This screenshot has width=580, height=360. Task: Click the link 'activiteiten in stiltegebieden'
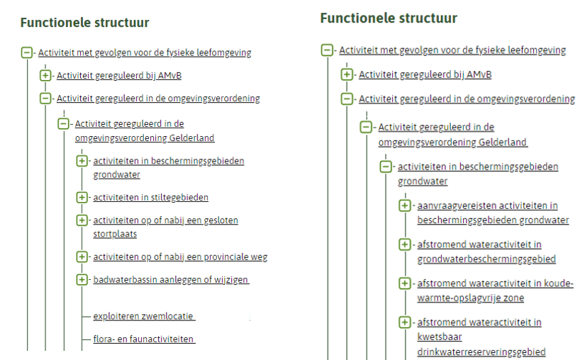tap(150, 198)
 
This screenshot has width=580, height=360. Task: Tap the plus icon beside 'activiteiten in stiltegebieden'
tap(82, 198)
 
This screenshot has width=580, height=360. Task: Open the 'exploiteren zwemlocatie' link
tap(144, 316)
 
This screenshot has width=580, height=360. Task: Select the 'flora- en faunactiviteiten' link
tap(144, 339)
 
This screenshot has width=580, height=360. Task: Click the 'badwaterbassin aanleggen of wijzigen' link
tap(171, 280)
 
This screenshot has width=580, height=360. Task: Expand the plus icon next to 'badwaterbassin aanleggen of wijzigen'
tap(82, 279)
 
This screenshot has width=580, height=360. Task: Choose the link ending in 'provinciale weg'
tap(180, 257)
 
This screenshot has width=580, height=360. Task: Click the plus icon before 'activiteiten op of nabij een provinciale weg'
tap(82, 257)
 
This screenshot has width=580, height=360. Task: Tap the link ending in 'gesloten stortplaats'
tap(165, 227)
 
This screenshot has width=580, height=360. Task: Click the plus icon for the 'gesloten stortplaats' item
tap(82, 220)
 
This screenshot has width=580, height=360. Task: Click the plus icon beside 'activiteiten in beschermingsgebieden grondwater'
tap(82, 161)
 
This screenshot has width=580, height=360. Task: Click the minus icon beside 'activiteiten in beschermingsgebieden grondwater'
tap(386, 167)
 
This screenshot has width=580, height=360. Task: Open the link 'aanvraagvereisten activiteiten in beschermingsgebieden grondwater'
tap(493, 213)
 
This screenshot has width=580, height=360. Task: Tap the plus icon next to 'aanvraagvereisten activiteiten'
tap(405, 206)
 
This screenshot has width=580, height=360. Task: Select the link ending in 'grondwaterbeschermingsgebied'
tap(486, 252)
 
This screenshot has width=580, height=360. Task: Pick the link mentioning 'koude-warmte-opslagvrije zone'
tap(496, 291)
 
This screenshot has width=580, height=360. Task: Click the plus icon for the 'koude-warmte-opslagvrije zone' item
tap(405, 283)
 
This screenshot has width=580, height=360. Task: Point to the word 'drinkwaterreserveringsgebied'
tap(481, 352)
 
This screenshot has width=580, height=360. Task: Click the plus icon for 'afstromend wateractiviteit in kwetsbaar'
tap(405, 322)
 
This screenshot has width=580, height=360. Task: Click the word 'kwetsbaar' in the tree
tap(440, 337)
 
